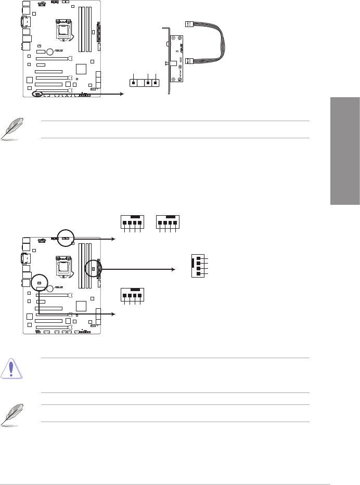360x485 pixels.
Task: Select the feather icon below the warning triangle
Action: [x=11, y=414]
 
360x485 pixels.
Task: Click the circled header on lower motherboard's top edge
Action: [x=65, y=238]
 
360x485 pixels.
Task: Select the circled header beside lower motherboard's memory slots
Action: [x=94, y=268]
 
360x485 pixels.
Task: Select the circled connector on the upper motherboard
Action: [x=37, y=95]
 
